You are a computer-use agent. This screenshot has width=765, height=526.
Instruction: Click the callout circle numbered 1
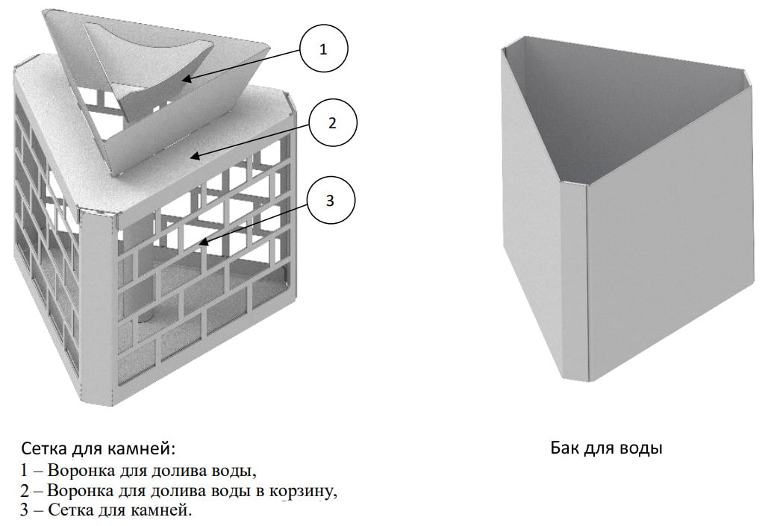tap(323, 50)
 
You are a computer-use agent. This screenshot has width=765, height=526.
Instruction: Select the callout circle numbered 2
tap(332, 123)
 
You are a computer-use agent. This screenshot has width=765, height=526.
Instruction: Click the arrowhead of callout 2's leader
tap(191, 156)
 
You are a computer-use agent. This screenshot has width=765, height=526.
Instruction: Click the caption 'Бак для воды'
tap(606, 448)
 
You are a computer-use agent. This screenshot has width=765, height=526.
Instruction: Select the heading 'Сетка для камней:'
tap(99, 449)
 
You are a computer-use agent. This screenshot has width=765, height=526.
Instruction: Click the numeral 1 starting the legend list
tap(25, 471)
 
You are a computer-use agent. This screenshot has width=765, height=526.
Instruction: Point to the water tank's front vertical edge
tap(584, 284)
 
